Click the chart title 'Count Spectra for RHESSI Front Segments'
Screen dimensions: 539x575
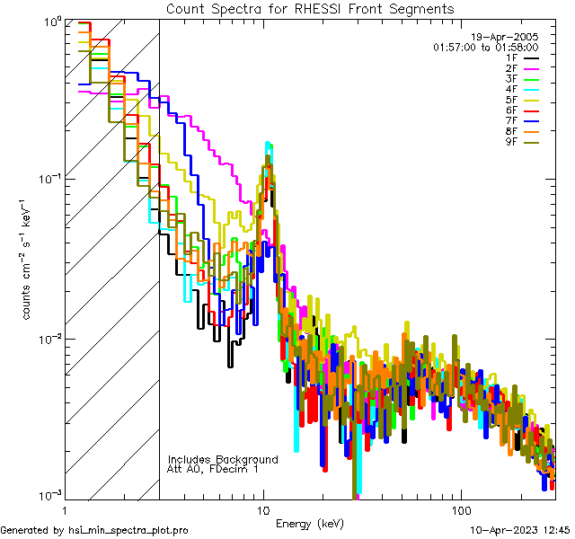[x=310, y=8]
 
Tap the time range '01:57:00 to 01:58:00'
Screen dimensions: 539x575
[x=485, y=47]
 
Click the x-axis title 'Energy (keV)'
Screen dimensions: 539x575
[x=310, y=523]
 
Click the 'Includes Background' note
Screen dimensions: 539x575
[x=223, y=459]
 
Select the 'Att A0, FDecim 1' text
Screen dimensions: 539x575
[x=213, y=469]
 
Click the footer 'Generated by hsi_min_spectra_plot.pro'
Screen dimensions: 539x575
[x=94, y=530]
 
